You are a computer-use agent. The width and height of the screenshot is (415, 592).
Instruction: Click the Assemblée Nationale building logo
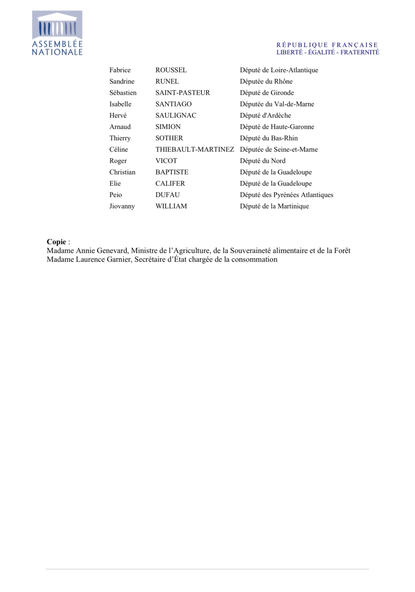(x=57, y=33)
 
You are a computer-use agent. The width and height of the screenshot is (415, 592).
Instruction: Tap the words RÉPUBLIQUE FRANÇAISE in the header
(x=327, y=45)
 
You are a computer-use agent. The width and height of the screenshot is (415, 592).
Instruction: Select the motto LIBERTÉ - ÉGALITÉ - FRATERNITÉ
(x=328, y=52)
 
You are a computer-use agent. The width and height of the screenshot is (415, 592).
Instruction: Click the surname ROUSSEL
(x=171, y=70)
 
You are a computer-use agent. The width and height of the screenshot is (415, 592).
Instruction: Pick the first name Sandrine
(x=122, y=81)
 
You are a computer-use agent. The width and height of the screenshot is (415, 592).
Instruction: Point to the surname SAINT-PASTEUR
(x=182, y=93)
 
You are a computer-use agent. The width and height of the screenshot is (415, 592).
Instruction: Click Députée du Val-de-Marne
(x=277, y=104)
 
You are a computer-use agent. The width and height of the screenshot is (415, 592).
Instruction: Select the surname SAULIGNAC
(x=176, y=115)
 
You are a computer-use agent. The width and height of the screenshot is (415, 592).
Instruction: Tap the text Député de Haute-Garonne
(x=277, y=127)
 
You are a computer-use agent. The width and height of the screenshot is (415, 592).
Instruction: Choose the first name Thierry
(x=120, y=138)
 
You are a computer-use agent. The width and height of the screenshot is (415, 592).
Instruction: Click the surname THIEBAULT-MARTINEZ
(x=195, y=149)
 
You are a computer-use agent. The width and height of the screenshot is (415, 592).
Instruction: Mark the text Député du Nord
(x=263, y=161)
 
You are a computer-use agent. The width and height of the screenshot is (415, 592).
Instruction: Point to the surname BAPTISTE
(x=172, y=172)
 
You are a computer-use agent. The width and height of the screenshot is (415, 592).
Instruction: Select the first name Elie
(x=115, y=183)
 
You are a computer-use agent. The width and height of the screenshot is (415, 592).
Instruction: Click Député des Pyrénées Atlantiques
(x=286, y=195)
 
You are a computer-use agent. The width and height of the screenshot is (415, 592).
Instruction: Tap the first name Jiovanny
(x=122, y=206)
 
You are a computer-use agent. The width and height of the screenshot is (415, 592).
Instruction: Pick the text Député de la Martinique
(x=274, y=206)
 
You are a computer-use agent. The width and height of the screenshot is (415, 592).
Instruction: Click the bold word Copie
(x=56, y=242)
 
